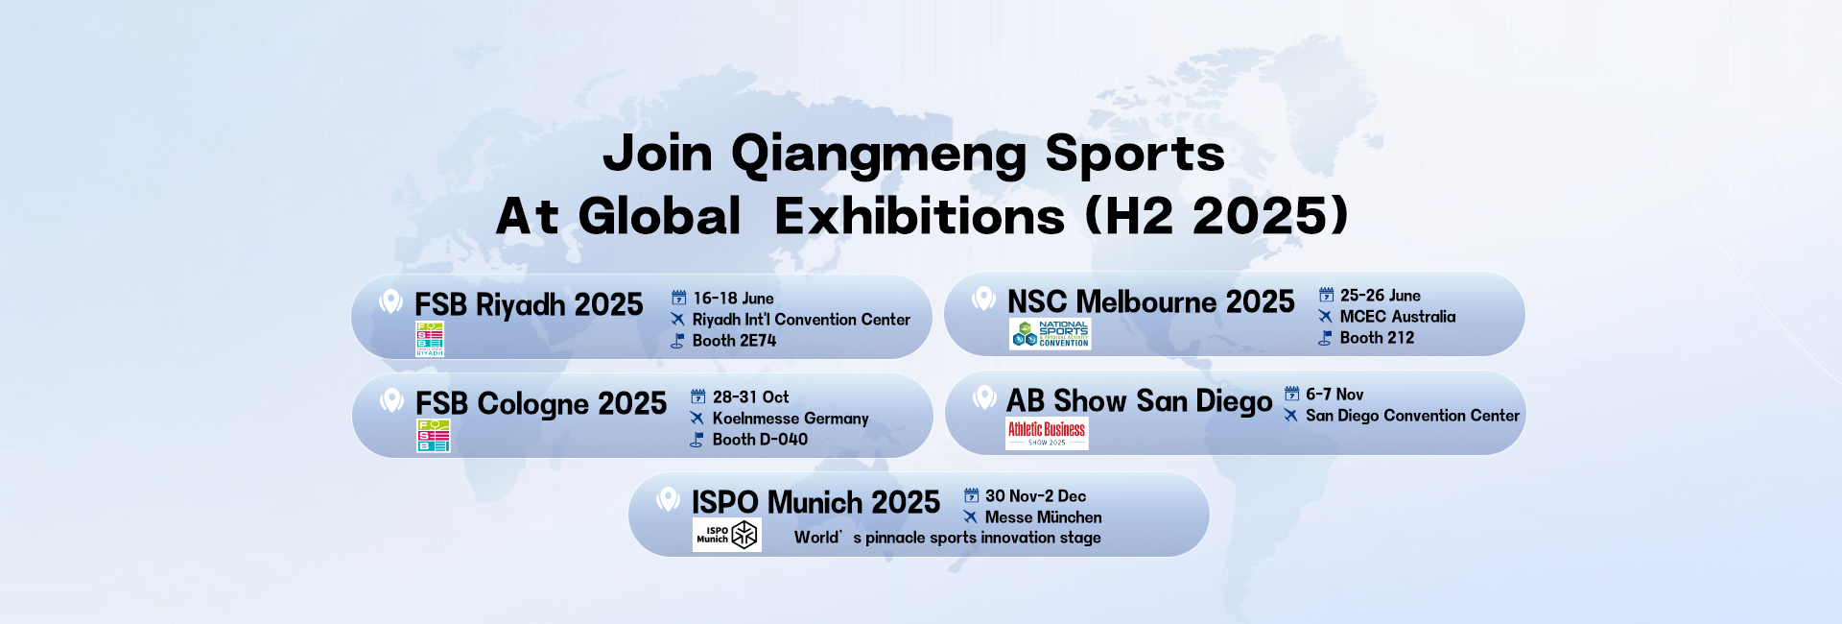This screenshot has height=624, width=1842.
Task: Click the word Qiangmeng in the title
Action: [879, 155]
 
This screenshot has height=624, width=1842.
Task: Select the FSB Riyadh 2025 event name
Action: [529, 305]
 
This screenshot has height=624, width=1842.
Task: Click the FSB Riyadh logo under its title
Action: [430, 339]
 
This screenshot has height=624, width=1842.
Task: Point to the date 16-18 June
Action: [733, 299]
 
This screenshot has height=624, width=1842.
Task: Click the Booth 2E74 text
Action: [734, 341]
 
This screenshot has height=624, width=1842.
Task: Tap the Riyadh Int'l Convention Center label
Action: [801, 320]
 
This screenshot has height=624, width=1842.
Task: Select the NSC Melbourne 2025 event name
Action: [1150, 302]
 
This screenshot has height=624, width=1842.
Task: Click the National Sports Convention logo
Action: [1051, 334]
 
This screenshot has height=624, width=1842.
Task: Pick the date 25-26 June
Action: [1380, 296]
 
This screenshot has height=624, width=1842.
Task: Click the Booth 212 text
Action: [1377, 338]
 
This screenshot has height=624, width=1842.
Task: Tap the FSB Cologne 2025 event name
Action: [541, 404]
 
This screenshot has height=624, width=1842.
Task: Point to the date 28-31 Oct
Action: [750, 397]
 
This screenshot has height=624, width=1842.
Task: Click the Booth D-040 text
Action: [760, 440]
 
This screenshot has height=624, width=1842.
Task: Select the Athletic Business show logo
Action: [1047, 434]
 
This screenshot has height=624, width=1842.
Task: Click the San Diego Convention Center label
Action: [1412, 416]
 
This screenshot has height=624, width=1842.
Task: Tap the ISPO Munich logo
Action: [727, 535]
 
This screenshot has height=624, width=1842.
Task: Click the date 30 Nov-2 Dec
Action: [1035, 496]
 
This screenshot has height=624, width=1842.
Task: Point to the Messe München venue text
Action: [1043, 517]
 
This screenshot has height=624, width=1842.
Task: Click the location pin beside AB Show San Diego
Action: [984, 397]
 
